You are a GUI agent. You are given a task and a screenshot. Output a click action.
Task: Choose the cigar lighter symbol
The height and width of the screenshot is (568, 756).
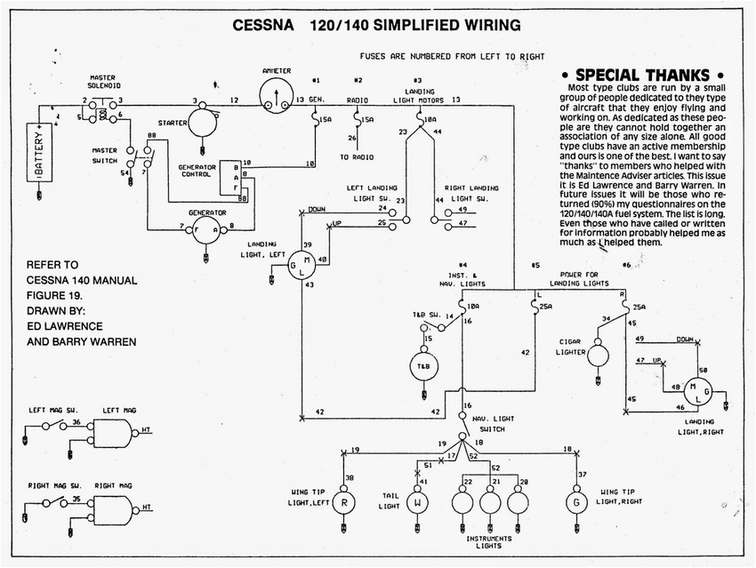pos(598,355)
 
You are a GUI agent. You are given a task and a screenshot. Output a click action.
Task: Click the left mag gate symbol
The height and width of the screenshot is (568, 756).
pos(114,434)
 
